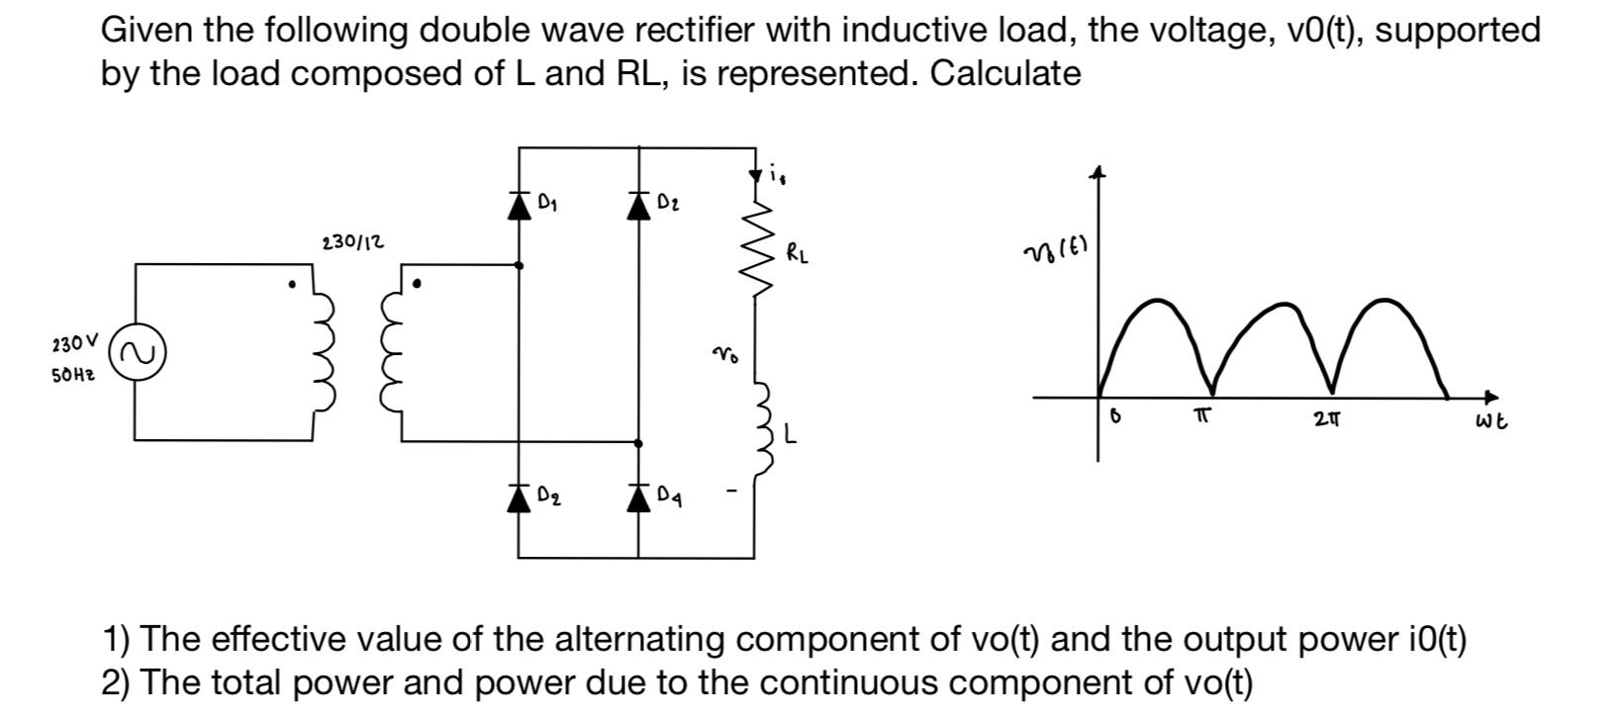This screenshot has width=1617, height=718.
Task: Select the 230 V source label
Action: [x=74, y=344]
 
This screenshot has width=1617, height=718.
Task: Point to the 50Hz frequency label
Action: [x=73, y=377]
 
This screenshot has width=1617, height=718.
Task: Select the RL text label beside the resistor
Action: [x=798, y=253]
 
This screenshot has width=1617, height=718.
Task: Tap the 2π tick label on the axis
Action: [x=1327, y=419]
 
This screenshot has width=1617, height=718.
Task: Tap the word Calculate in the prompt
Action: [x=1004, y=73]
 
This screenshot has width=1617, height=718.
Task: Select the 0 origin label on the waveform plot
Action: [x=1115, y=417]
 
